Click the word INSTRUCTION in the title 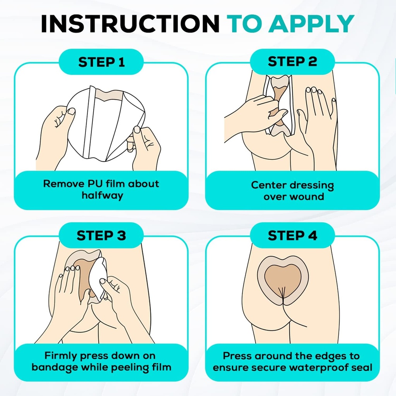[x=130, y=24]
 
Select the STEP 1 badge [x=101, y=62]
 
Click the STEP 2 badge [x=292, y=61]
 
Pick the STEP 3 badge [x=101, y=236]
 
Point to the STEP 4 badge [x=292, y=236]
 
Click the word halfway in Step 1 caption [x=102, y=195]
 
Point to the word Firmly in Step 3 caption [x=61, y=356]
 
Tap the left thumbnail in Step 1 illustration [x=72, y=111]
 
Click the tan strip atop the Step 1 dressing [x=110, y=95]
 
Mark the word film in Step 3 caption [x=162, y=367]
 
